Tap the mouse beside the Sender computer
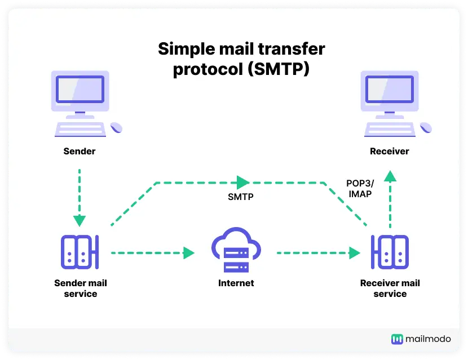pos(116,127)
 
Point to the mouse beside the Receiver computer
pos(426,127)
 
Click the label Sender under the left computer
pos(80,151)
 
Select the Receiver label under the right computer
pos(390,151)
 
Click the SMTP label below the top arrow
pos(241,197)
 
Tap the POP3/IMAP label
pos(359,189)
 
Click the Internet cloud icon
pos(236,252)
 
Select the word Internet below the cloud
pos(236,283)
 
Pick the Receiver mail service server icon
pos(390,252)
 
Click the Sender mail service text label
pos(80,288)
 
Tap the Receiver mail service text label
pos(390,288)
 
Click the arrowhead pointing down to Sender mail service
pos(80,220)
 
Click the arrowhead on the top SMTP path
pos(243,182)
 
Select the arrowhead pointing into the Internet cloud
pos(189,253)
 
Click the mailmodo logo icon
pos(398,339)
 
